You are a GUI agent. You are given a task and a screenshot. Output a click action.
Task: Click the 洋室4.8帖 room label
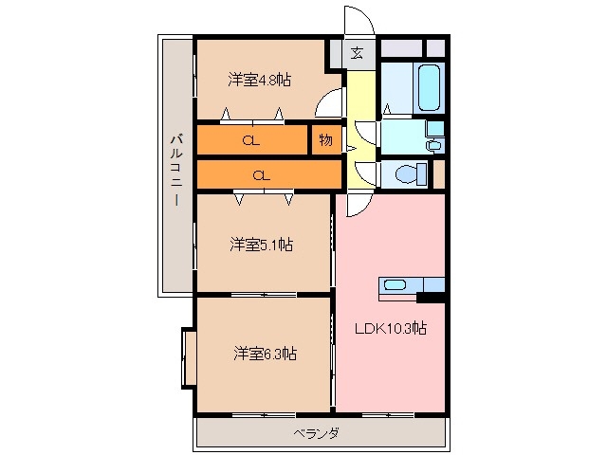point(259,80)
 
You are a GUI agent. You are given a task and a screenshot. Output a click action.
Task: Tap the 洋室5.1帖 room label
point(260,245)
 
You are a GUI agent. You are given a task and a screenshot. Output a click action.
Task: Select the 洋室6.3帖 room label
point(265,354)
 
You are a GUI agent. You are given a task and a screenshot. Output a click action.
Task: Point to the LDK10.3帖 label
point(390,329)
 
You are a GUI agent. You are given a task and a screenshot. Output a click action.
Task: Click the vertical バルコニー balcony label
point(176,172)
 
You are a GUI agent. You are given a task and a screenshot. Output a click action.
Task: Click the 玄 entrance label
point(357,53)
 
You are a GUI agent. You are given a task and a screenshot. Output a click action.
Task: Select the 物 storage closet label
point(325,140)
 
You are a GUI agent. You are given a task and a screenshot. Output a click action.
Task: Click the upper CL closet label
point(250,141)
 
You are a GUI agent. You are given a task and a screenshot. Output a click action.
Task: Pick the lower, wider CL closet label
point(263,174)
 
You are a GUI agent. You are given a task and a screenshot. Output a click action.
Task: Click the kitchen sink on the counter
point(394,285)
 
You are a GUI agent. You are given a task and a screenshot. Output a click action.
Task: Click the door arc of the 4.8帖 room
point(332,100)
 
